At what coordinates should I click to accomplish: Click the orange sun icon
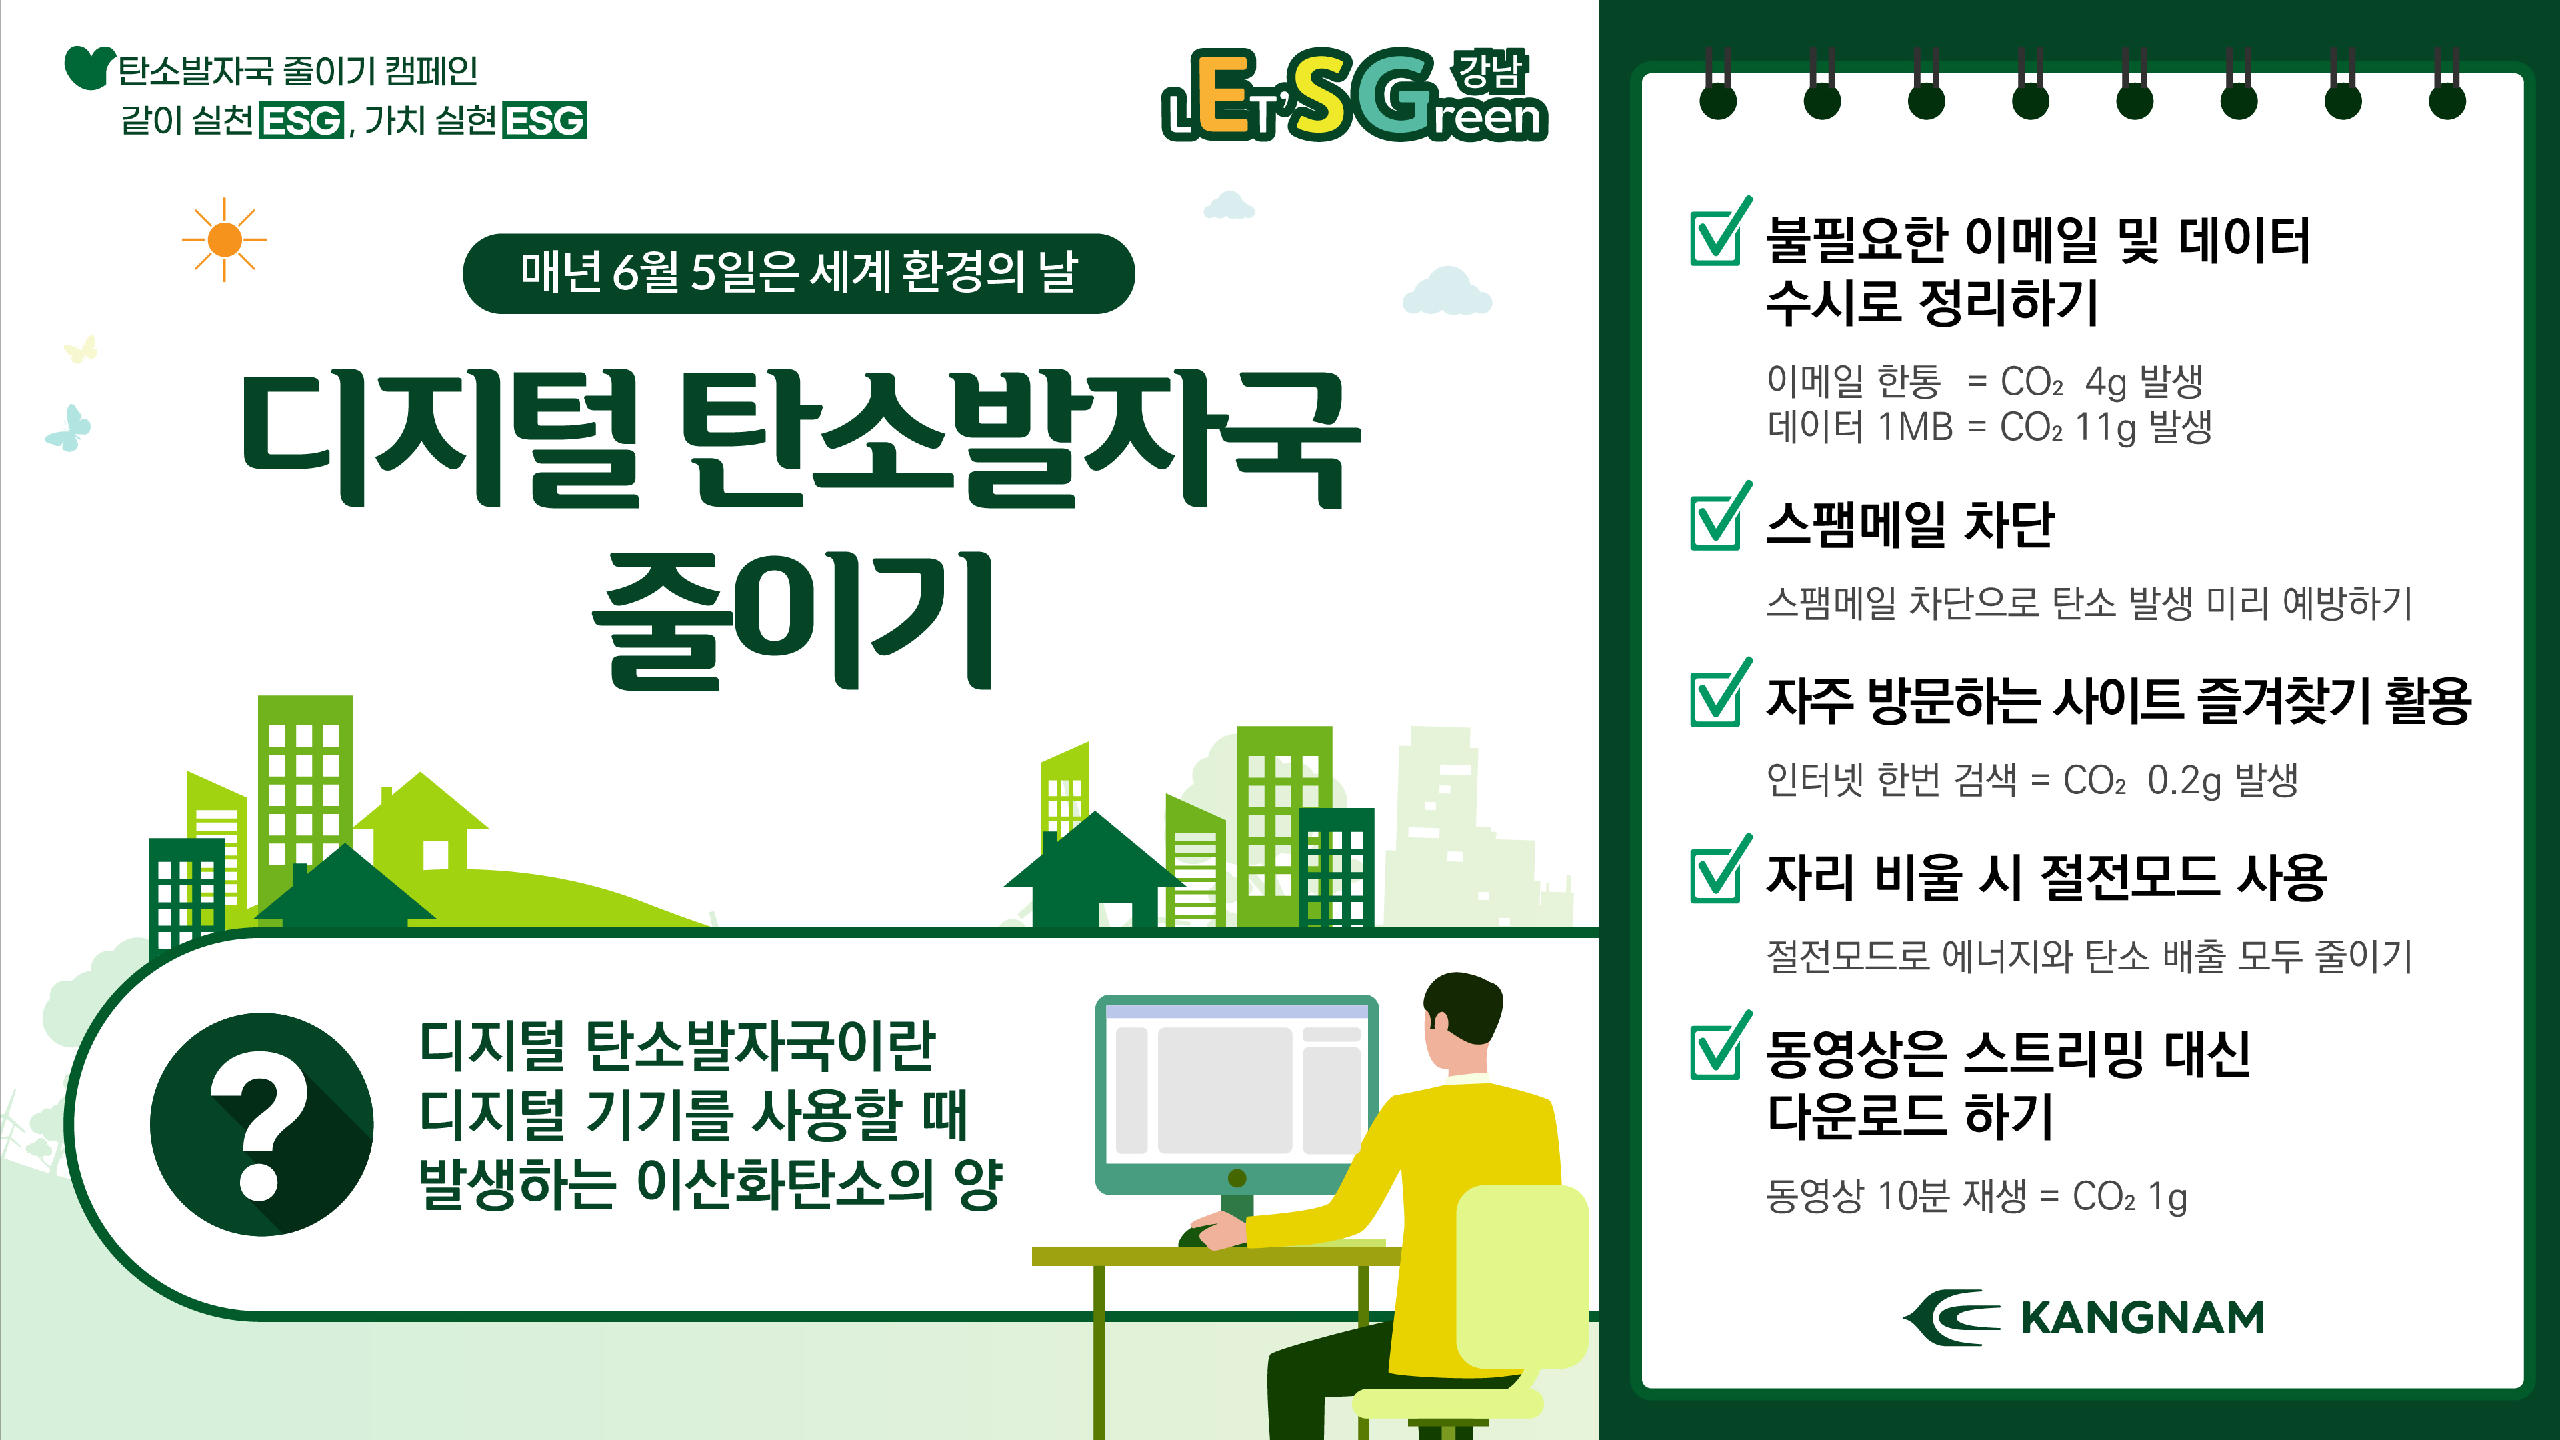pos(225,239)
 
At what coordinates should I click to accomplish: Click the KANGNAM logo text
pos(2143,1318)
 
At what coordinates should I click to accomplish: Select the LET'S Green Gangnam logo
pos(1355,95)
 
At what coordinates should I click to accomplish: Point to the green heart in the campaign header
pos(89,67)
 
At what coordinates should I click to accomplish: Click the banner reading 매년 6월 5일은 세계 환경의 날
pos(799,273)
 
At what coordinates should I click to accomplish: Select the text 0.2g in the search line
pos(2183,780)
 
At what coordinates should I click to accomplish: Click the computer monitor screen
pos(1237,1088)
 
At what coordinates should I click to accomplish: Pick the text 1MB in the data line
pos(1915,427)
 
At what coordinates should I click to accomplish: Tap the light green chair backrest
pos(1521,1277)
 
